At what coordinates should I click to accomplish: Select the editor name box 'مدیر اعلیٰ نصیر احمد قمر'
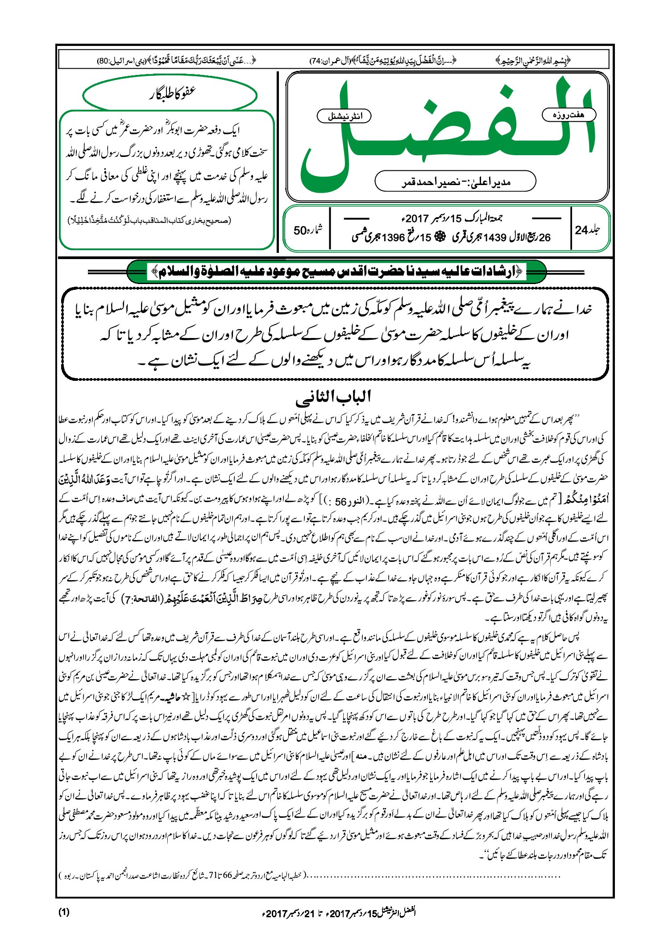click(455, 181)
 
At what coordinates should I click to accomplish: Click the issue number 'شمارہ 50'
click(307, 230)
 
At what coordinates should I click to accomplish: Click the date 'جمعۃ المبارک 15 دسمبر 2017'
click(452, 218)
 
